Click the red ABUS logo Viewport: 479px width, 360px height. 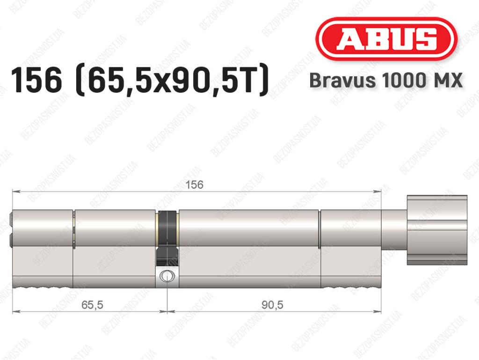(x=386, y=39)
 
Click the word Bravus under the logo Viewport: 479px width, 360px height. (x=342, y=81)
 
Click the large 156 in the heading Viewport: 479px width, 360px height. (x=36, y=81)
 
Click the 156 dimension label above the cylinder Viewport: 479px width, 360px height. (x=195, y=185)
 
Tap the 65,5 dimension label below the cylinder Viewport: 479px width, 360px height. (x=92, y=305)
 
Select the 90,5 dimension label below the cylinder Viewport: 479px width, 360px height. (x=272, y=305)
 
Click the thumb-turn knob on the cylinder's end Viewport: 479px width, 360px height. (x=437, y=230)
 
